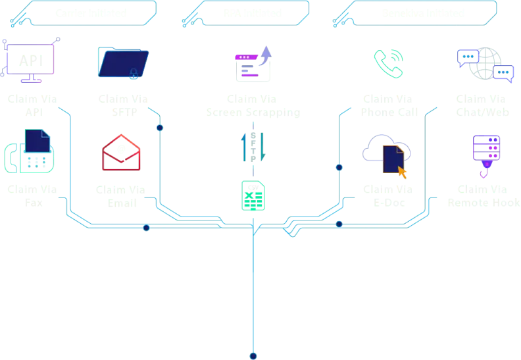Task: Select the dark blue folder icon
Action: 123,62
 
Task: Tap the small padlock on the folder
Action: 135,74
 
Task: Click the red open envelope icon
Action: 121,153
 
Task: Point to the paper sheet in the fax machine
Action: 38,143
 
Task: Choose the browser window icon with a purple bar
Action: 252,65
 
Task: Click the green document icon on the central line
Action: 253,195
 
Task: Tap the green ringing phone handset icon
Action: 389,63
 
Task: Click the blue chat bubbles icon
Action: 485,64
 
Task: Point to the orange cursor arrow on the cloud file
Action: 402,173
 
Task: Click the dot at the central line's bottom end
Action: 253,355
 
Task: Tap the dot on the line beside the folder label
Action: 160,127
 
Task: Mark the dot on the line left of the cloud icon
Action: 339,167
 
